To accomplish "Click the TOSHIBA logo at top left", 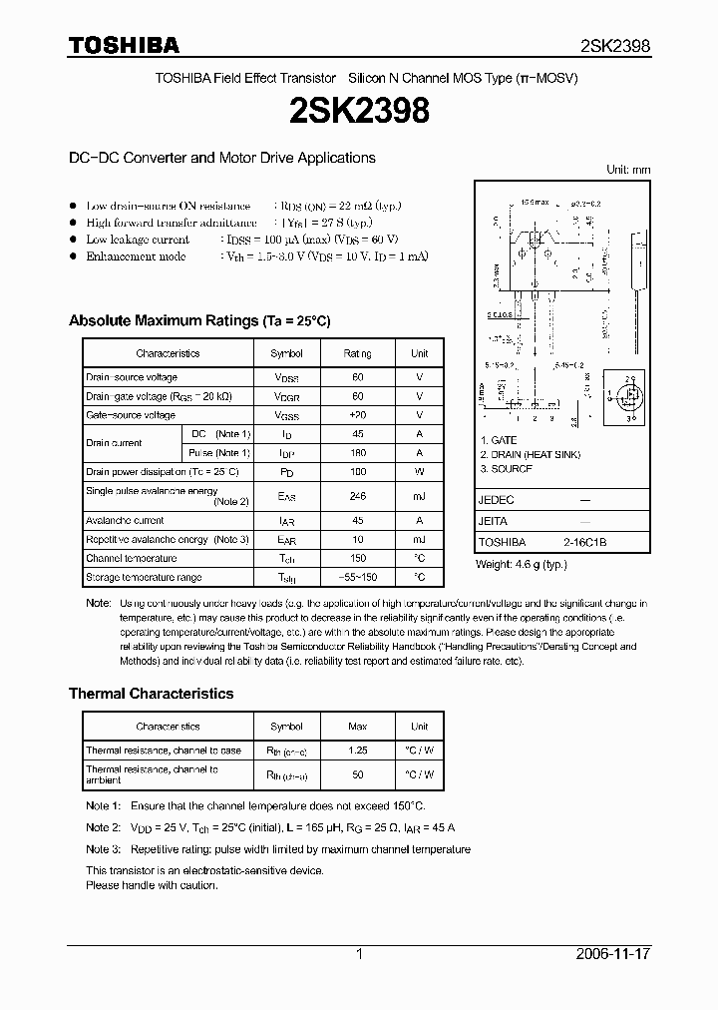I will [x=124, y=45].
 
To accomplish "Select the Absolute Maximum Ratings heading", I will [x=198, y=320].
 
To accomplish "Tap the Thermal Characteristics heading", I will [x=151, y=693].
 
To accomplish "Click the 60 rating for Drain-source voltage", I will [x=357, y=377].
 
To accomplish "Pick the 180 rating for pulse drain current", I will [x=357, y=453].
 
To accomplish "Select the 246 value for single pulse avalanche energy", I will [x=357, y=495].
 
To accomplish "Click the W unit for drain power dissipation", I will [x=419, y=471].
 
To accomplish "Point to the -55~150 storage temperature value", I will [x=357, y=577].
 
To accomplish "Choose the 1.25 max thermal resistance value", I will [x=357, y=750].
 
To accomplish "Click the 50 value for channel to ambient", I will [x=357, y=774].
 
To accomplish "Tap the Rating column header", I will [x=357, y=353].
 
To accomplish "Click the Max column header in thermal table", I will [x=357, y=727].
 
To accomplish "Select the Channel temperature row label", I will [x=131, y=558].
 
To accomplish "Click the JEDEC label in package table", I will [x=497, y=499].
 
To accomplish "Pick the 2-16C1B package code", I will [x=583, y=542].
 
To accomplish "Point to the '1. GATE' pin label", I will [x=499, y=440].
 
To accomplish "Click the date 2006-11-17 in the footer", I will [x=613, y=954].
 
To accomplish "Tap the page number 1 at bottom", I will [x=359, y=954].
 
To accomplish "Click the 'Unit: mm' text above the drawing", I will [x=628, y=170].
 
